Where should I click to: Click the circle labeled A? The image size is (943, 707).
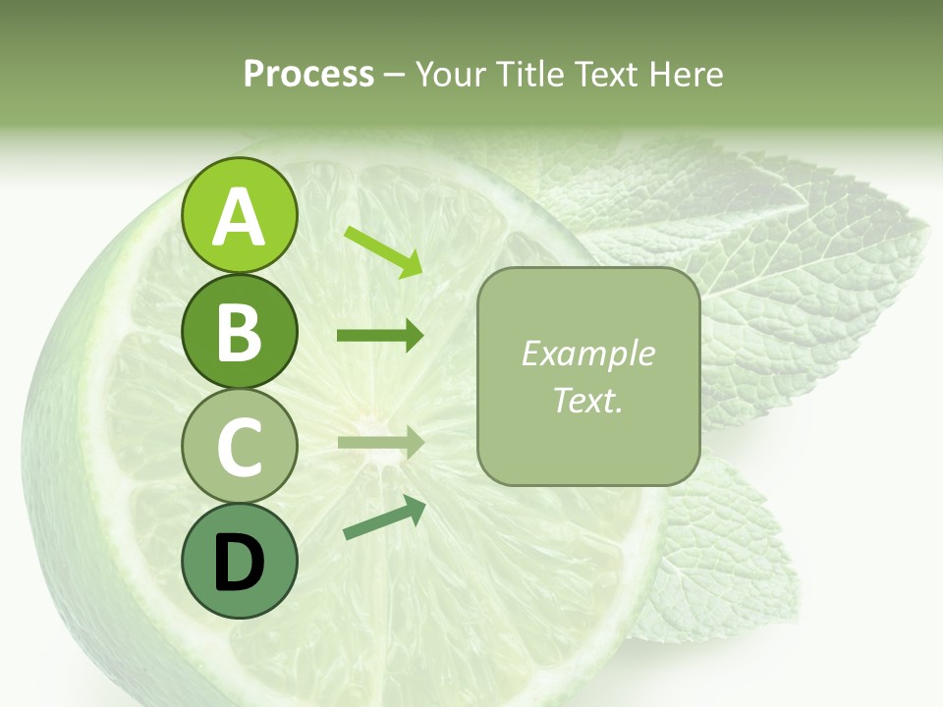click(x=239, y=215)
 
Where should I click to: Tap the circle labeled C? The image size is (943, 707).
click(x=239, y=446)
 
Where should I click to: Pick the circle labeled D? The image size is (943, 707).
click(x=239, y=561)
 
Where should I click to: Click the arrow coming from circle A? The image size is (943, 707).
click(x=383, y=251)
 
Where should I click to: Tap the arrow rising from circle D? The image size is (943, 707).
click(x=384, y=517)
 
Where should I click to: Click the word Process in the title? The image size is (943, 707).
click(x=308, y=74)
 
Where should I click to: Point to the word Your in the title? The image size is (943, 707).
click(x=448, y=74)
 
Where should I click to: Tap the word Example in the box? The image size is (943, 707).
click(x=588, y=353)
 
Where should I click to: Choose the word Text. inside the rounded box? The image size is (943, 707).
click(x=588, y=400)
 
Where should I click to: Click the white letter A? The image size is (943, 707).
click(x=239, y=217)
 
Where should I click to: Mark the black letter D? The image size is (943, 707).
click(x=239, y=563)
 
